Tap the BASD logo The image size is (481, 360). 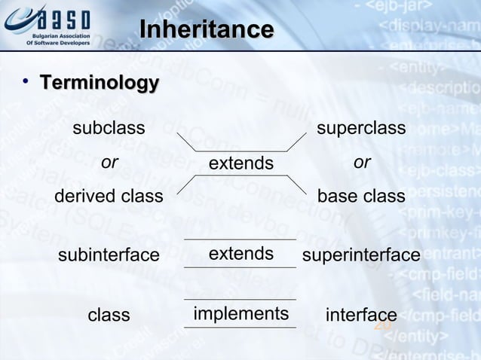pyautogui.click(x=47, y=23)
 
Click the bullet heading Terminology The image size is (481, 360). pyautogui.click(x=99, y=82)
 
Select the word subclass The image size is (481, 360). pyautogui.click(x=109, y=128)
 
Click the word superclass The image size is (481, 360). pyautogui.click(x=361, y=128)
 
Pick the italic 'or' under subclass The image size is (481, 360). pyautogui.click(x=109, y=163)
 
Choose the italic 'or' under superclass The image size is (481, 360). pyautogui.click(x=362, y=163)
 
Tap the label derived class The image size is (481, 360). pyautogui.click(x=109, y=197)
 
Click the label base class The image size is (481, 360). pyautogui.click(x=361, y=197)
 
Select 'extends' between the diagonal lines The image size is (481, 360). pyautogui.click(x=241, y=163)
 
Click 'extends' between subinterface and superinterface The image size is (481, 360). pyautogui.click(x=241, y=254)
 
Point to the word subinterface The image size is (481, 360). pyautogui.click(x=109, y=256)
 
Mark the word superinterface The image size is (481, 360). pyautogui.click(x=361, y=256)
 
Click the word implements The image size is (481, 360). pyautogui.click(x=241, y=313)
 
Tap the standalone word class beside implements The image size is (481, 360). pyautogui.click(x=109, y=315)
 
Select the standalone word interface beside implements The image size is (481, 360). pyautogui.click(x=361, y=315)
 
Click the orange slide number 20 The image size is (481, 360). pyautogui.click(x=383, y=326)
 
